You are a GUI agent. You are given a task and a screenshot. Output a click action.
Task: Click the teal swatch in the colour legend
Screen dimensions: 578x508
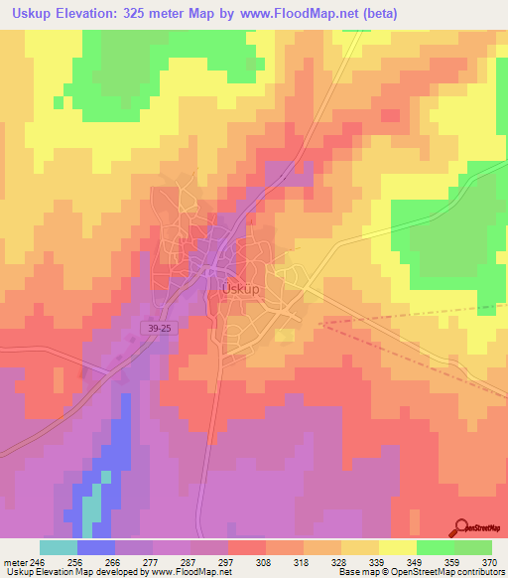[x=58, y=547]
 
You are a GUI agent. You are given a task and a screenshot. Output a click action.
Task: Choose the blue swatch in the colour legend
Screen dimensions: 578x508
[x=95, y=547]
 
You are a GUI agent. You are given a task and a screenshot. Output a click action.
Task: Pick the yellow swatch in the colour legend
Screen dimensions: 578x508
[x=398, y=547]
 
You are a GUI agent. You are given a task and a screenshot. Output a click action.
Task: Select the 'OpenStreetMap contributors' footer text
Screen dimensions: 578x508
[x=446, y=572]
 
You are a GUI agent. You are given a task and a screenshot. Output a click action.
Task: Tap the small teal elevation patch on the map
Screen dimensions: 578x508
[x=91, y=508]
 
